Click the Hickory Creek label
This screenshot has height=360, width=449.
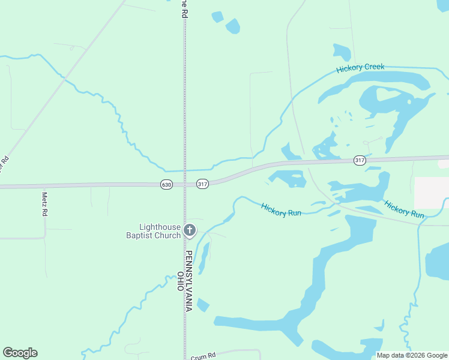tap(360, 67)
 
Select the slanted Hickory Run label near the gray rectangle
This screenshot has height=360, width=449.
tap(404, 209)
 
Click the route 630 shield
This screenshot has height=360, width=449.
tap(167, 184)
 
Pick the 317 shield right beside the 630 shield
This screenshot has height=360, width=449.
tap(202, 184)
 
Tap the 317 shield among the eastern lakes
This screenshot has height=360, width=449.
tap(359, 160)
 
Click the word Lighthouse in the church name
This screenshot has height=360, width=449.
tap(160, 227)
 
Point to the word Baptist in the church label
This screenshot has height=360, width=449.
tap(145, 235)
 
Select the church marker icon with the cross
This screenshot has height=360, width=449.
tap(190, 230)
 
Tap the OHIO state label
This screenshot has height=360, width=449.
tap(180, 281)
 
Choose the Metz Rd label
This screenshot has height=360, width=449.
tap(44, 204)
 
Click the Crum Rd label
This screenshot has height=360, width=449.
tap(203, 356)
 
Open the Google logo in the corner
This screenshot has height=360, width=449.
tap(20, 353)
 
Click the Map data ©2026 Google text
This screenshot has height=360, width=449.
tap(412, 355)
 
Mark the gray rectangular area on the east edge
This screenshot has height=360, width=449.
tap(432, 192)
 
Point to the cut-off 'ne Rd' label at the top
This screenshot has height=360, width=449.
tap(184, 8)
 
